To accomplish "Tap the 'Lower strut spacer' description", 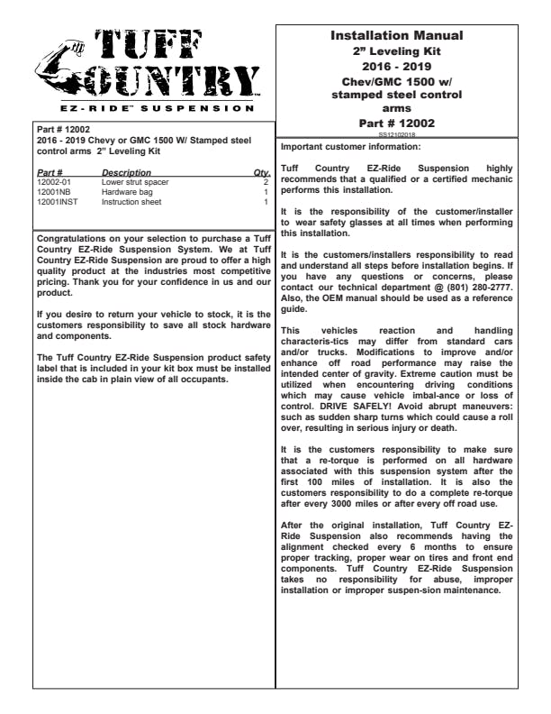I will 132,182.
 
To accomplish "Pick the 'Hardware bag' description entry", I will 124,192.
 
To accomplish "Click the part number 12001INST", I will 56,202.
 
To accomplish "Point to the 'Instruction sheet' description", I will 131,202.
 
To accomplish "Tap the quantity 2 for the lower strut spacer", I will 266,182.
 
